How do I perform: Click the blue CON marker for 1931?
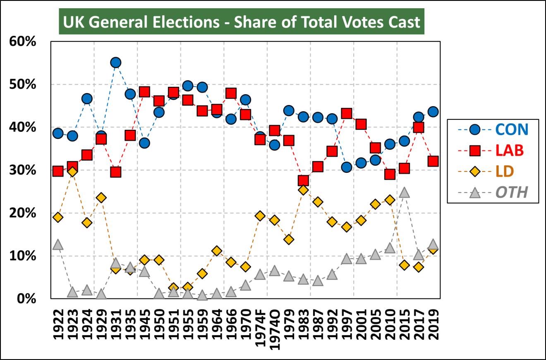(115, 63)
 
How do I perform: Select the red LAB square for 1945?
(144, 92)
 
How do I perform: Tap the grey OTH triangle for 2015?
(404, 193)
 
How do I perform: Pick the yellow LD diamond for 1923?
(72, 172)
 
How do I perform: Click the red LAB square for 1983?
(303, 181)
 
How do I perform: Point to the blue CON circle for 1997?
(347, 167)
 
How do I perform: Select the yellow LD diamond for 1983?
(303, 190)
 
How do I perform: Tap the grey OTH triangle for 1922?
(58, 245)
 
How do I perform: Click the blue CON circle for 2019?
(433, 112)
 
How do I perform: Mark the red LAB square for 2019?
(433, 161)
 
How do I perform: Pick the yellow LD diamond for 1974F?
(260, 216)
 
